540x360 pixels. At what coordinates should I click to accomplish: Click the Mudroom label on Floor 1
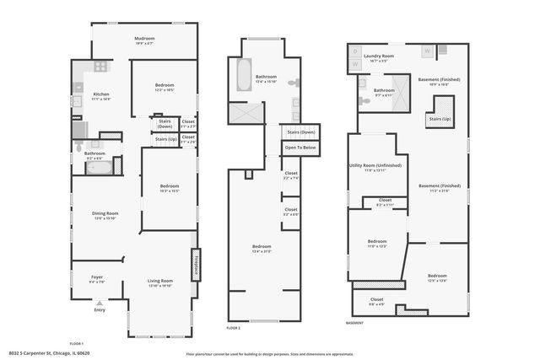(145, 39)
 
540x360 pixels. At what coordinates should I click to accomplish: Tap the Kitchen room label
(101, 94)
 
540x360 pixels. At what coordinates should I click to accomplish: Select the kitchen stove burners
(100, 67)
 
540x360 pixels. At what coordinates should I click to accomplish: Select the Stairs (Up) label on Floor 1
(166, 138)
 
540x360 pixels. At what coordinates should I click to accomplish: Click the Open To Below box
(300, 148)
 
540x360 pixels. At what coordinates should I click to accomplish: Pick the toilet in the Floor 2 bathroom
(294, 83)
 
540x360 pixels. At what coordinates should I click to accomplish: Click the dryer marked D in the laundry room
(355, 51)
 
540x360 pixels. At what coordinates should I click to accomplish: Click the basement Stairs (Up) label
(440, 120)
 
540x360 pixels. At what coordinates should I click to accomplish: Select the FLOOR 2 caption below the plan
(233, 327)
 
